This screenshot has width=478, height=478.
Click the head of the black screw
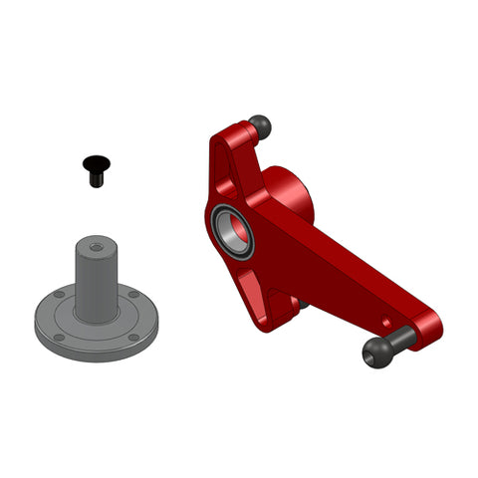[x=96, y=161]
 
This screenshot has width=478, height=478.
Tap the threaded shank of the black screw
[x=96, y=177]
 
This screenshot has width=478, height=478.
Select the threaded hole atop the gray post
[x=96, y=245]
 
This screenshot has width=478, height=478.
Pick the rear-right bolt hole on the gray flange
[x=133, y=294]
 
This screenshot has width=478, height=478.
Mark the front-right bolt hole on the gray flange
[x=132, y=337]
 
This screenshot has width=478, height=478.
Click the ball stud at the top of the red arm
[x=260, y=126]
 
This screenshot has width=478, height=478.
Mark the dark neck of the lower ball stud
[x=398, y=340]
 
